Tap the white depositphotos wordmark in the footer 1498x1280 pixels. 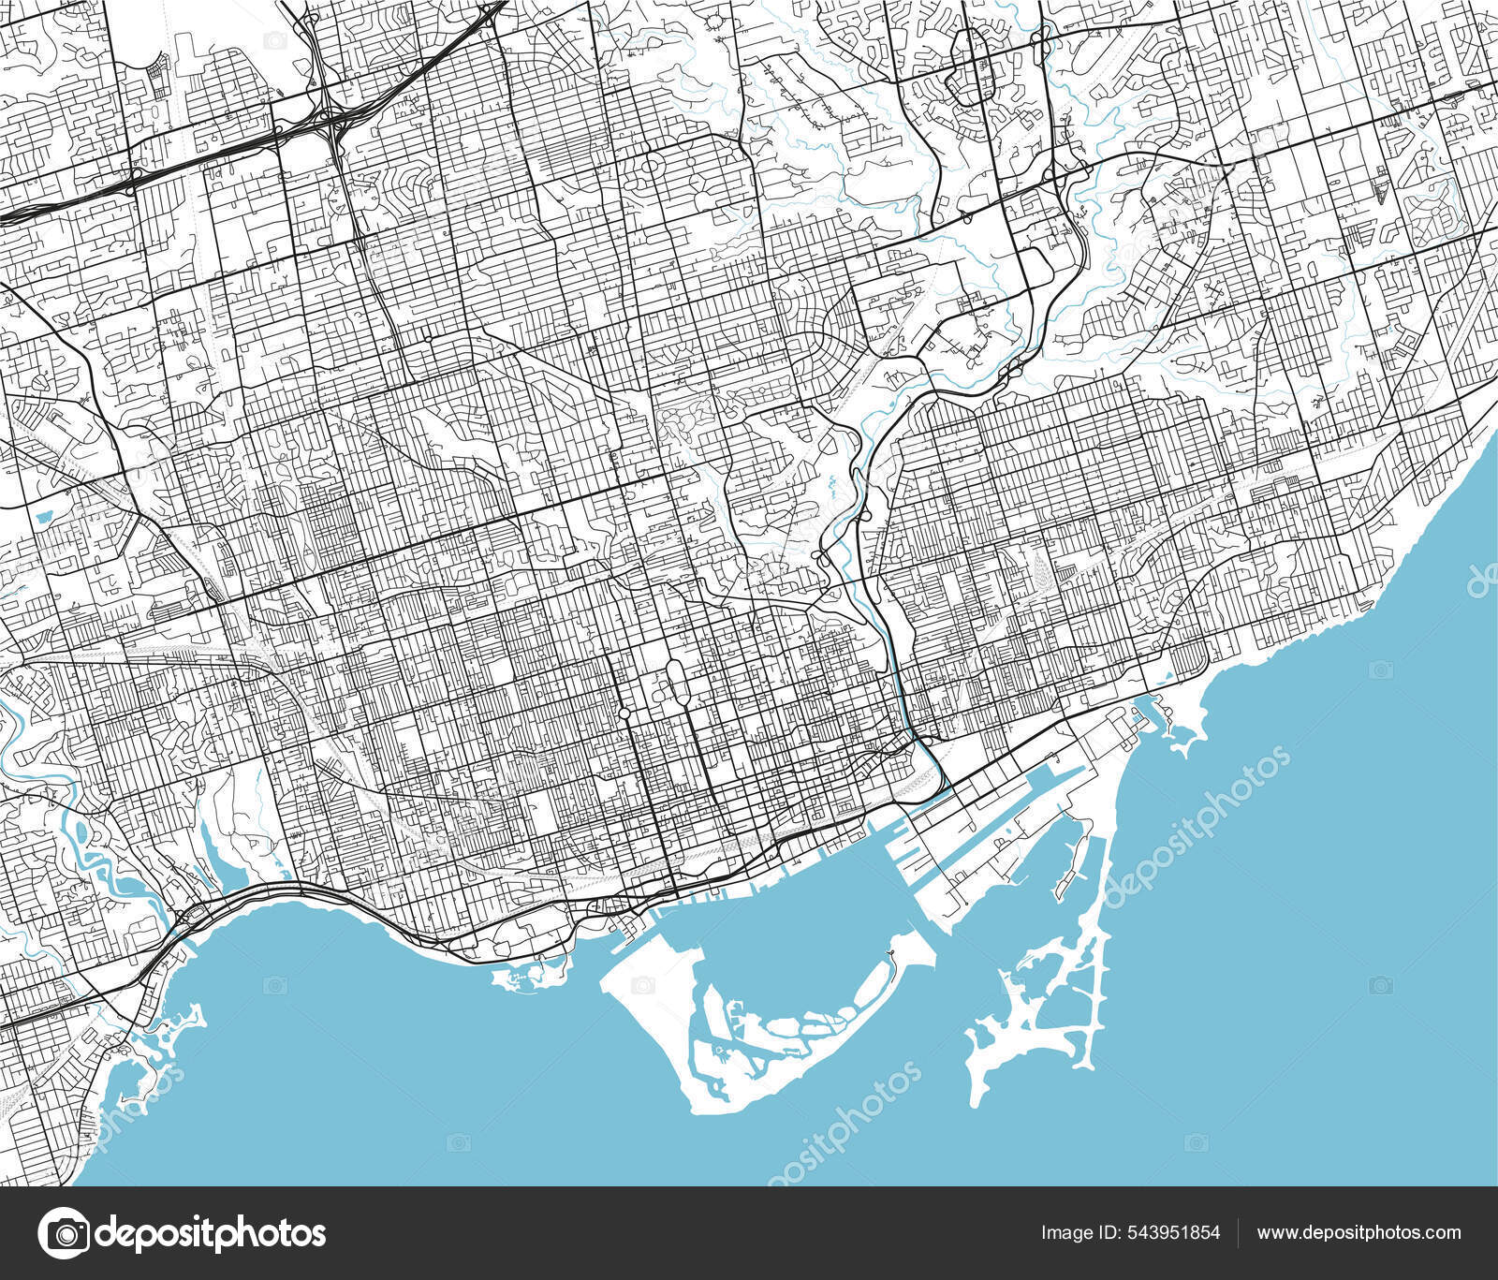(x=211, y=1232)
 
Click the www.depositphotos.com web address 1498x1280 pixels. (x=1358, y=1232)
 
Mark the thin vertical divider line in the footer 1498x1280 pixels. (x=1238, y=1232)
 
